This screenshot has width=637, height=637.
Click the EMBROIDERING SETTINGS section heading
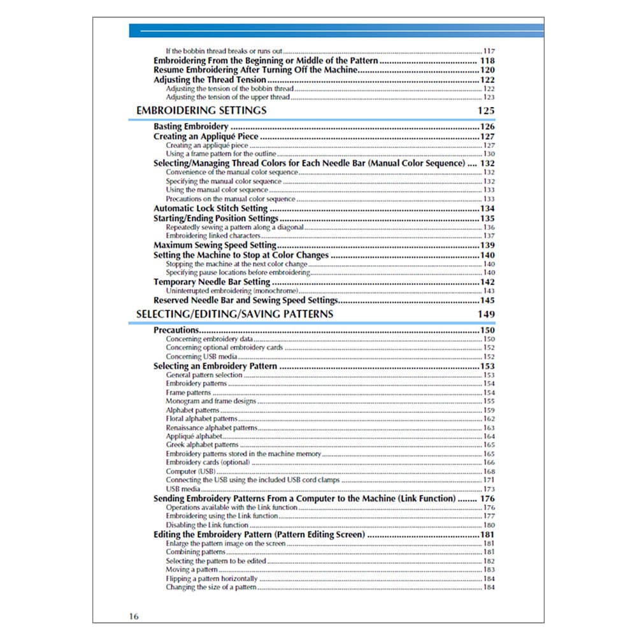201,111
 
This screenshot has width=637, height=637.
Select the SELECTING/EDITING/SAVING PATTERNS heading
234,314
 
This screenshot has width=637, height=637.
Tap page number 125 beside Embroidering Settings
485,111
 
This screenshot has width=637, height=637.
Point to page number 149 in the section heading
485,314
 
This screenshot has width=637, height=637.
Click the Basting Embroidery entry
191,127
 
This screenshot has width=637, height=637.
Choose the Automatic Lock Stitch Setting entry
210,208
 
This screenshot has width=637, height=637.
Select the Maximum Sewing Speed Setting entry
215,245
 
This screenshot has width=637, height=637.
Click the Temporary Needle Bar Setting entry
212,282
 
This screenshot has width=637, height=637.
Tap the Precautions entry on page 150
176,330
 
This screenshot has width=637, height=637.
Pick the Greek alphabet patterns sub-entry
202,445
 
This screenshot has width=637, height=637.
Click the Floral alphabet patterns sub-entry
201,419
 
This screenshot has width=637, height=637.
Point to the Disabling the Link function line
207,525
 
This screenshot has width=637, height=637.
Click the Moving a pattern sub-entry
192,569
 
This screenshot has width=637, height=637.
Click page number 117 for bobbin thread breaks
489,51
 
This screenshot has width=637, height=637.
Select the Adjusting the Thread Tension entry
210,80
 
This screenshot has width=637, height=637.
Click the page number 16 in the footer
132,616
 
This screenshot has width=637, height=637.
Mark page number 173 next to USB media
489,489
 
